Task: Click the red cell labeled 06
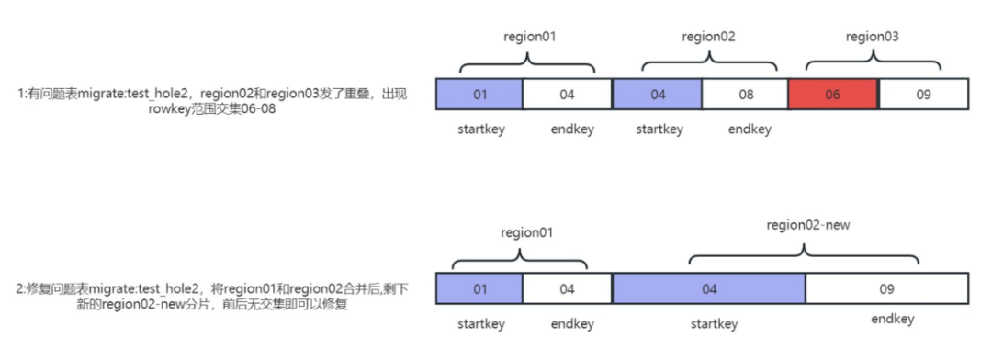pos(833,95)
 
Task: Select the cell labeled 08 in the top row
pos(745,95)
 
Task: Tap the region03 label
pos(872,37)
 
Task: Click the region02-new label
pos(807,225)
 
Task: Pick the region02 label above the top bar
pos(708,37)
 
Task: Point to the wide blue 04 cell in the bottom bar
pos(709,289)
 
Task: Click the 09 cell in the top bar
pos(924,95)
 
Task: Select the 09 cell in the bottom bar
pos(887,289)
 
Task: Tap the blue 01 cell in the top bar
pos(479,95)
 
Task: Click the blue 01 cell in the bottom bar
pos(479,289)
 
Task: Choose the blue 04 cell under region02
pos(658,95)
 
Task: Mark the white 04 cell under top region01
pos(568,95)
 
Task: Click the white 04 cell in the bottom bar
pos(568,289)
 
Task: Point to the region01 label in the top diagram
pos(530,37)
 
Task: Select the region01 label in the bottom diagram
pos(526,232)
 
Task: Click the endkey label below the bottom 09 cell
pos(892,319)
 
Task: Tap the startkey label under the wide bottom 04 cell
pos(715,324)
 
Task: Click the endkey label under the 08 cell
pos(750,129)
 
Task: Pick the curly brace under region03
pos(874,61)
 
